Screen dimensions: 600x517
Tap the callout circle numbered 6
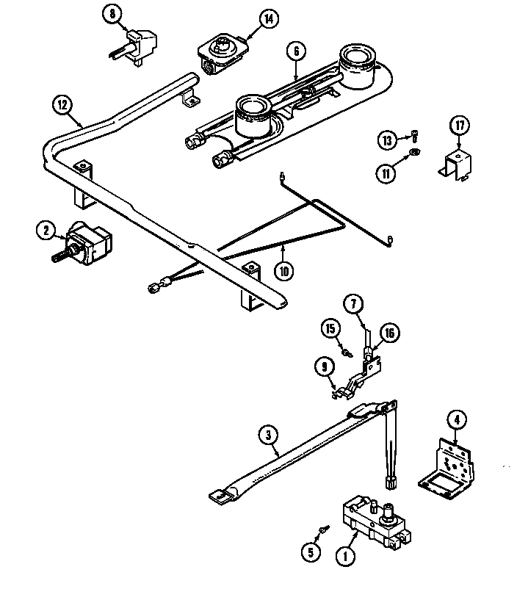[x=295, y=51]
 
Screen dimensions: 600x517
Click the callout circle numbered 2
[x=46, y=231]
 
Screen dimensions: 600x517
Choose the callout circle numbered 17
[x=460, y=126]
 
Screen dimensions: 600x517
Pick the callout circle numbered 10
[x=285, y=270]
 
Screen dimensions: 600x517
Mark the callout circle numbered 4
[x=456, y=421]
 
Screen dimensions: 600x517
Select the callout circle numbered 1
[x=344, y=557]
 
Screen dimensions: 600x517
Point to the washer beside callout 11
[x=415, y=153]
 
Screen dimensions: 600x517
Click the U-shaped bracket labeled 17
[x=455, y=163]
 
